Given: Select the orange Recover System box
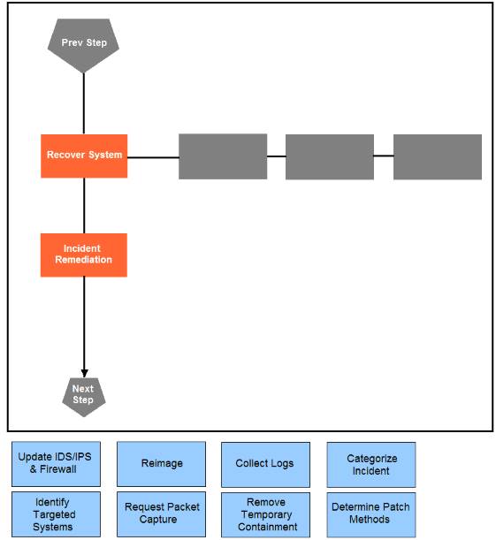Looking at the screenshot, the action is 84,156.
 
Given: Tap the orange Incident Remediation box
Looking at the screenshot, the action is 84,255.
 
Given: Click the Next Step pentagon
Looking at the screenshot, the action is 84,397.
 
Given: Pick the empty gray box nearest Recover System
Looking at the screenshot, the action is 223,156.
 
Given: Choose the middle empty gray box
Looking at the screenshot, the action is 330,156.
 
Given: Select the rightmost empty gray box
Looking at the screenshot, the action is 438,156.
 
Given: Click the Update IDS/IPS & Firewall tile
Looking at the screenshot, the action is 57,464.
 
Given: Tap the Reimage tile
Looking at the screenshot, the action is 161,464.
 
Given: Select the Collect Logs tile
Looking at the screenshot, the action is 265,465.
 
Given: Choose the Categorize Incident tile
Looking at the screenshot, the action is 371,465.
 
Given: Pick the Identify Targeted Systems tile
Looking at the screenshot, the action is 57,514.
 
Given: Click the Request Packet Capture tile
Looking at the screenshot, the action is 161,514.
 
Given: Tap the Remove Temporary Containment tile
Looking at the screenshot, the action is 265,515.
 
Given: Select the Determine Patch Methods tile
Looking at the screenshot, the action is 371,515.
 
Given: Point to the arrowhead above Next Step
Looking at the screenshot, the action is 84,373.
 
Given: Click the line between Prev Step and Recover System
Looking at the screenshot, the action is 84,103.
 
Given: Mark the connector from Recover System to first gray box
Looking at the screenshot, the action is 153,157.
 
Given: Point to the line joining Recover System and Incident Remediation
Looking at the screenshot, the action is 84,206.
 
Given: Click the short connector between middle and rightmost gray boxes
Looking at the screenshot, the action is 384,156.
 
